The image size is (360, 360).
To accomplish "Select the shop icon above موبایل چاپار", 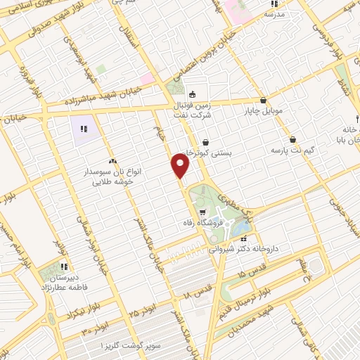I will (x=263, y=100).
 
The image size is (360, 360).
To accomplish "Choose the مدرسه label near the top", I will (x=274, y=13).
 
